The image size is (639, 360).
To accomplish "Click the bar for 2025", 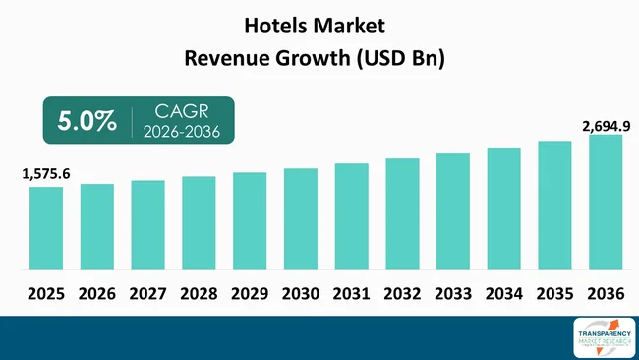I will [46, 228].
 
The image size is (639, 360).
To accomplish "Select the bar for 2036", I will [606, 202].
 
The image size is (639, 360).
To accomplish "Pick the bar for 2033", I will [453, 211].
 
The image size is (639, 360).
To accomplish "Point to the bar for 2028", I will [199, 223].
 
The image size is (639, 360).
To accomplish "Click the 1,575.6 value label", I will [46, 174].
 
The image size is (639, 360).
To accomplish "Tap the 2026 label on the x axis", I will [97, 292].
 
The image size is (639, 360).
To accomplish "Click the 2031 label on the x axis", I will [352, 292].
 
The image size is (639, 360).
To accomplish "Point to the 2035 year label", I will [554, 292].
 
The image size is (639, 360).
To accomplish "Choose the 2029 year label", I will [250, 292].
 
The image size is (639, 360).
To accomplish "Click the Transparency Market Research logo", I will [603, 336].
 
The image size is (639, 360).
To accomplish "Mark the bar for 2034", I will [503, 209].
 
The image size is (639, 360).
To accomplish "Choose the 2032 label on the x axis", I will [402, 292].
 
